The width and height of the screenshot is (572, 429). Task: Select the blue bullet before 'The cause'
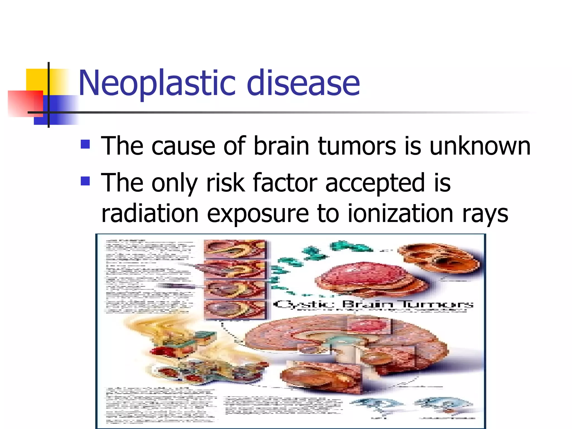click(x=85, y=144)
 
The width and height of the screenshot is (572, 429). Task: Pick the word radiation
click(x=150, y=213)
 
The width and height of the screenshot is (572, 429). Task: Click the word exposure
click(x=258, y=214)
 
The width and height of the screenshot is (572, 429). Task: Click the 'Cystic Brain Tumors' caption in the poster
click(x=373, y=304)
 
